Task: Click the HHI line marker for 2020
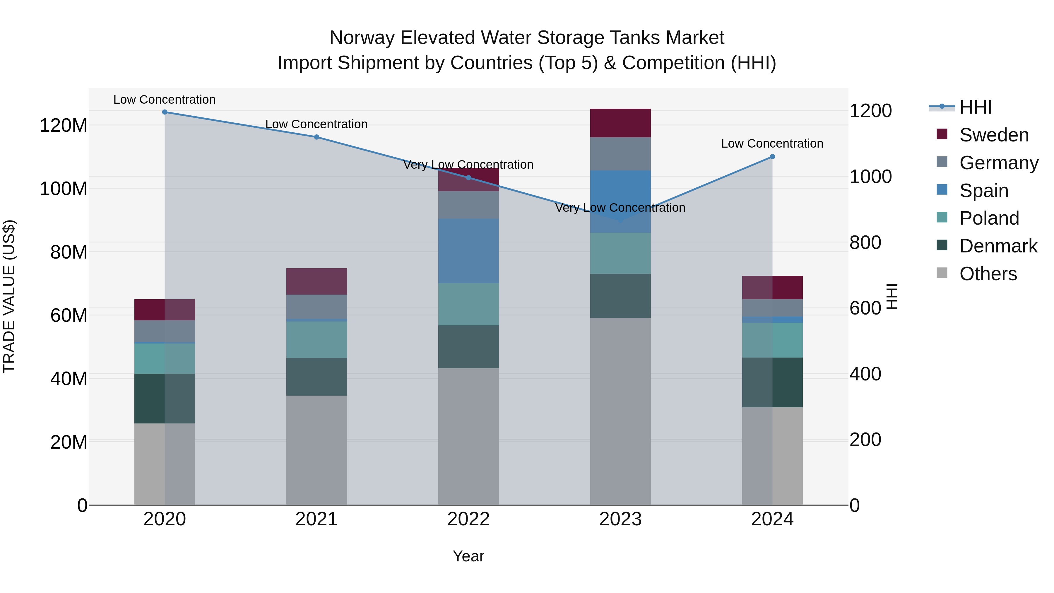tap(165, 112)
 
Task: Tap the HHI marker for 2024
tap(772, 157)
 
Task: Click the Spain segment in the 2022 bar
tap(468, 251)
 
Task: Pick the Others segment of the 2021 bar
tap(316, 450)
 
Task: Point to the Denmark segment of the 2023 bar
tap(620, 296)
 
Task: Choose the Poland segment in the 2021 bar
tap(316, 340)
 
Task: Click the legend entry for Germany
tap(999, 163)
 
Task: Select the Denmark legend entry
tap(998, 246)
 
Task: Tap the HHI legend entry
tap(976, 107)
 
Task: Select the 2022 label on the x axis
tap(468, 519)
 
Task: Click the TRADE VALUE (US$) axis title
tap(9, 296)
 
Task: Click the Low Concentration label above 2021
tap(316, 124)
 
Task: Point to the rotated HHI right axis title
tap(892, 296)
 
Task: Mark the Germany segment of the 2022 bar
tap(468, 205)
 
